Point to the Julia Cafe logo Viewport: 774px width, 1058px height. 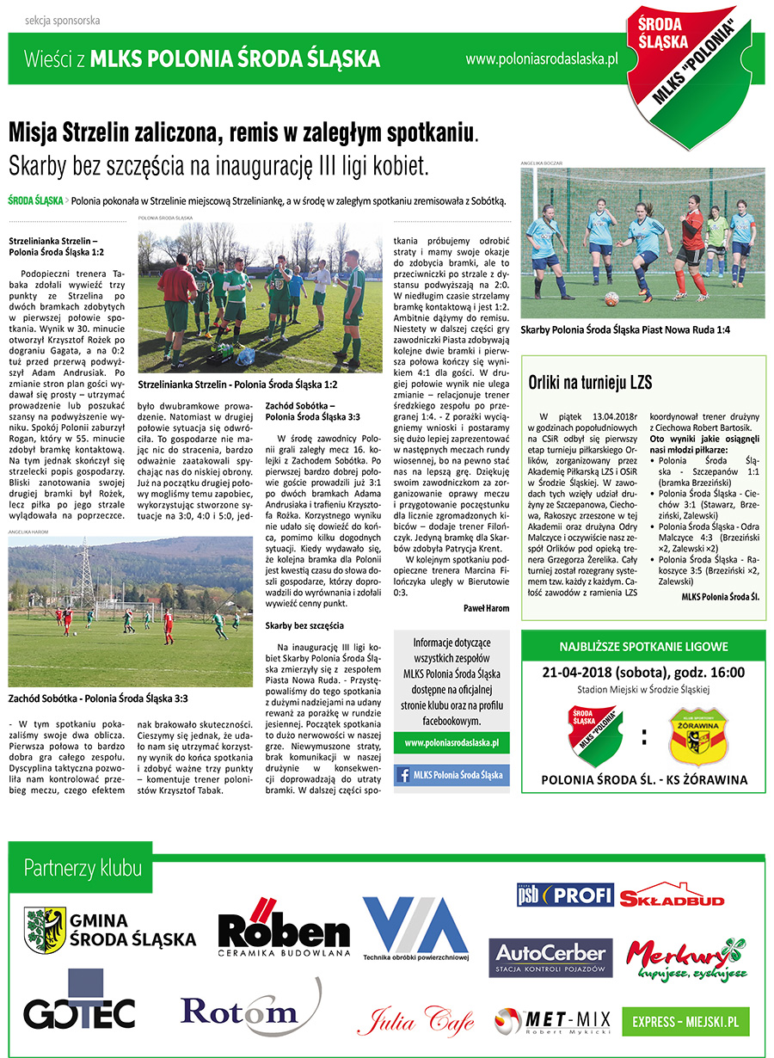pos(415,1020)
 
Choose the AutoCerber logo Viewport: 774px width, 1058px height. pos(550,957)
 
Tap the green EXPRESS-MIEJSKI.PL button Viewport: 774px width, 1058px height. pos(685,1021)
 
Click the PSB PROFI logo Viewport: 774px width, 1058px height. pos(564,895)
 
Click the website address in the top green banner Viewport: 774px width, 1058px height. pos(542,59)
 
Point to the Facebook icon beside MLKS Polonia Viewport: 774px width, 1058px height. pos(402,775)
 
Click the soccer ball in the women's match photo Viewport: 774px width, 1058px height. pos(611,298)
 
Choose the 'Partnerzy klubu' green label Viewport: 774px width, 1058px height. pos(83,867)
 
